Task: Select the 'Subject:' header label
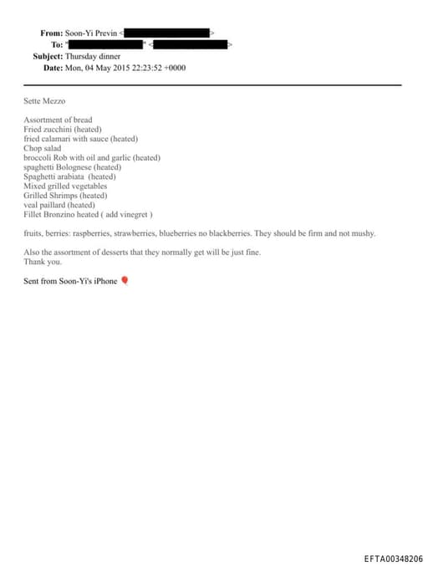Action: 48,55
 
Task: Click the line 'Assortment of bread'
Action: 58,120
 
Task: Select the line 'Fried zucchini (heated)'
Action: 62,130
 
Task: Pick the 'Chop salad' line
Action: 43,148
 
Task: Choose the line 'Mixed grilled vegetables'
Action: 65,186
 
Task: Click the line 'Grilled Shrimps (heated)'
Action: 65,196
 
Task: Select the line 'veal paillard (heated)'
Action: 59,205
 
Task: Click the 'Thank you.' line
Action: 43,261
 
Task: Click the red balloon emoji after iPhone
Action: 125,281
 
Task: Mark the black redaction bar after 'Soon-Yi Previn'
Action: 167,33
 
